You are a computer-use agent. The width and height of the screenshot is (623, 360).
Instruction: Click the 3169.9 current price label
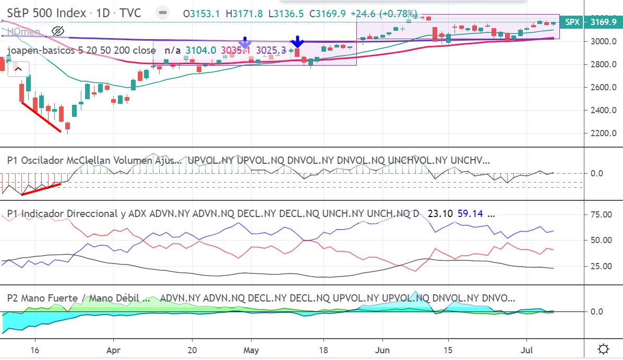point(604,22)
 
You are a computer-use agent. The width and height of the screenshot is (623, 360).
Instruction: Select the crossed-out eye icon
point(58,31)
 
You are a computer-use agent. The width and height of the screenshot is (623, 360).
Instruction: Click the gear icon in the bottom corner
point(603,349)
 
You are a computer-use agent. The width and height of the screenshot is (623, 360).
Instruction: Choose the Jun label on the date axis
point(383,349)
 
